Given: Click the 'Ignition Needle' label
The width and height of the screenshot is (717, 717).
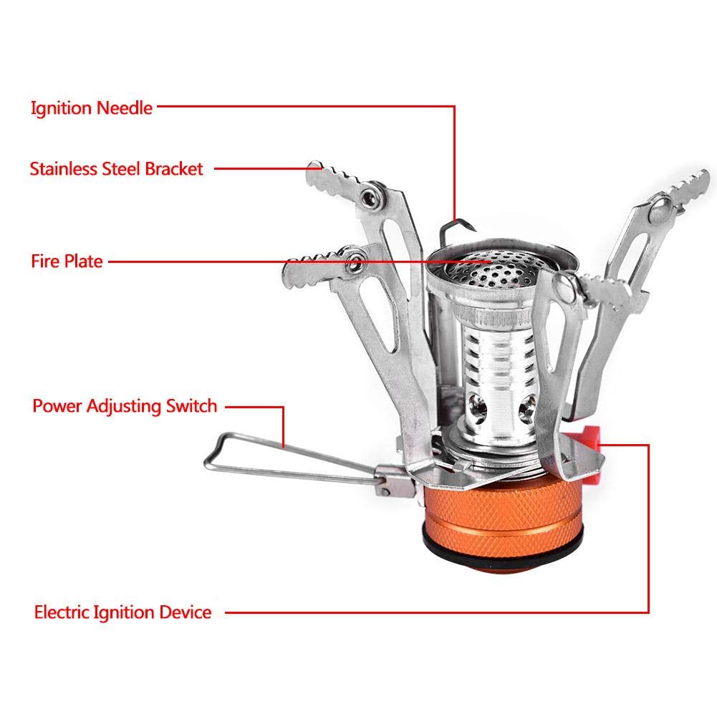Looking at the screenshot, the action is point(92,108).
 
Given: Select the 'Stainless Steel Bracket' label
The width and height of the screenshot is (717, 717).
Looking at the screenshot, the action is point(116,169).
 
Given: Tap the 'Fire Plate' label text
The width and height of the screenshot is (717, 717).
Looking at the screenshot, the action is point(67,261).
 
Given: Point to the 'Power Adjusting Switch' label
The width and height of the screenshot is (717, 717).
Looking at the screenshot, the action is point(125,407).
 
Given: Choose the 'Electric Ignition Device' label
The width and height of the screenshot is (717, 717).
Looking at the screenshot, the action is point(122,612).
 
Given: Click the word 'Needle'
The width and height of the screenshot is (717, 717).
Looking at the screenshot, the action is point(125,108).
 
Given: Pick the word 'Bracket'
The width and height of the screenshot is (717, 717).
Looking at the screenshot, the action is point(174,169).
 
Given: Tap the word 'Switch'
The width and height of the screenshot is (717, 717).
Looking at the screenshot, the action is point(191,405).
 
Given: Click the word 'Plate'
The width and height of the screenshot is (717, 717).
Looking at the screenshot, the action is point(83,261).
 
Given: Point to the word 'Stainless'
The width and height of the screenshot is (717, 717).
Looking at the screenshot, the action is point(62,169).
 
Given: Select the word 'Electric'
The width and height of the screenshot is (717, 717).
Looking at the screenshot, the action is point(62,612).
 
